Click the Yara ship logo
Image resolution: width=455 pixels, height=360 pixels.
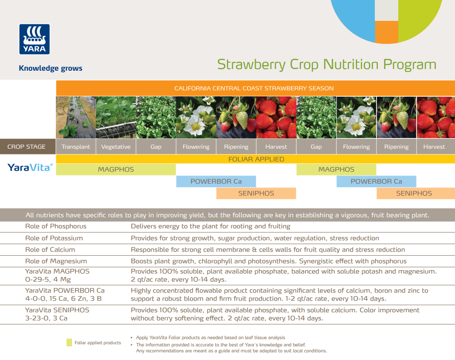34,39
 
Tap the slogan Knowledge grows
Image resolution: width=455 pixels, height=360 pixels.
50,68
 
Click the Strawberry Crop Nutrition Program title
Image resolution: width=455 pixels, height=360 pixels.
327,64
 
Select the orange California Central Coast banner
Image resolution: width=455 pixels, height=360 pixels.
255,88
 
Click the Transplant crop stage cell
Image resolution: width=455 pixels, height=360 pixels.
75,147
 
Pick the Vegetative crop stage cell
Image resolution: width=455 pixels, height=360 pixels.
116,147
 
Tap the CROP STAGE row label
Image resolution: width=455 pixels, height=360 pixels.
26,147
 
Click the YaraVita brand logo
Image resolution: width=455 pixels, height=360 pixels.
30,167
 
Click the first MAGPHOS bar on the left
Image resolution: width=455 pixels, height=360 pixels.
116,170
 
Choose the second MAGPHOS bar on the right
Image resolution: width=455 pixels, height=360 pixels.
336,170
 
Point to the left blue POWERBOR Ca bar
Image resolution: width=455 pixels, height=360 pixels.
216,181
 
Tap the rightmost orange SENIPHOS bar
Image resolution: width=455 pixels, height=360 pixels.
414,193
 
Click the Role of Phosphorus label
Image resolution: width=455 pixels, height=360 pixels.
55,226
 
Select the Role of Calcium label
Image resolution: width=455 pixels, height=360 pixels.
50,250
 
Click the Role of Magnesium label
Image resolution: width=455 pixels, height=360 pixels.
56,261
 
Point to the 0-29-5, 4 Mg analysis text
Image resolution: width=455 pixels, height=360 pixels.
48,279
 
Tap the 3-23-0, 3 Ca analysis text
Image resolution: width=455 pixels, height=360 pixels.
46,318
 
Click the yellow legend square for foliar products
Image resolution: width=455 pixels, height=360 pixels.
69,343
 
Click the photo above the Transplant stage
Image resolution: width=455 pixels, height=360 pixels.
75,117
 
